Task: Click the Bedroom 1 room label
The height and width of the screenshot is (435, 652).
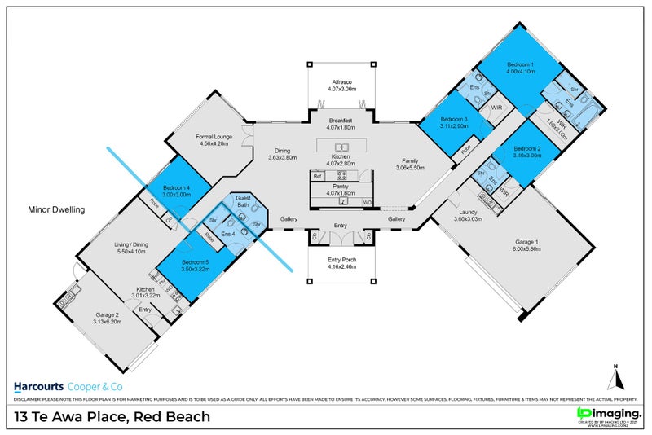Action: pos(521,64)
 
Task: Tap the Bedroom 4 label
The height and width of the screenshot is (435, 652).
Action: pos(175,187)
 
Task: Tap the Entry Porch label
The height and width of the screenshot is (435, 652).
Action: pos(341,260)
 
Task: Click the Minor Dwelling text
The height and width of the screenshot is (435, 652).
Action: pos(55,209)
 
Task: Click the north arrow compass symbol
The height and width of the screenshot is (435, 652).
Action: pos(617,377)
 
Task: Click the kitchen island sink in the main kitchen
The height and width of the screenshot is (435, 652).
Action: pos(342,147)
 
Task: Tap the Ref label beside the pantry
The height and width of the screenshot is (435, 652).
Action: pos(317,176)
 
